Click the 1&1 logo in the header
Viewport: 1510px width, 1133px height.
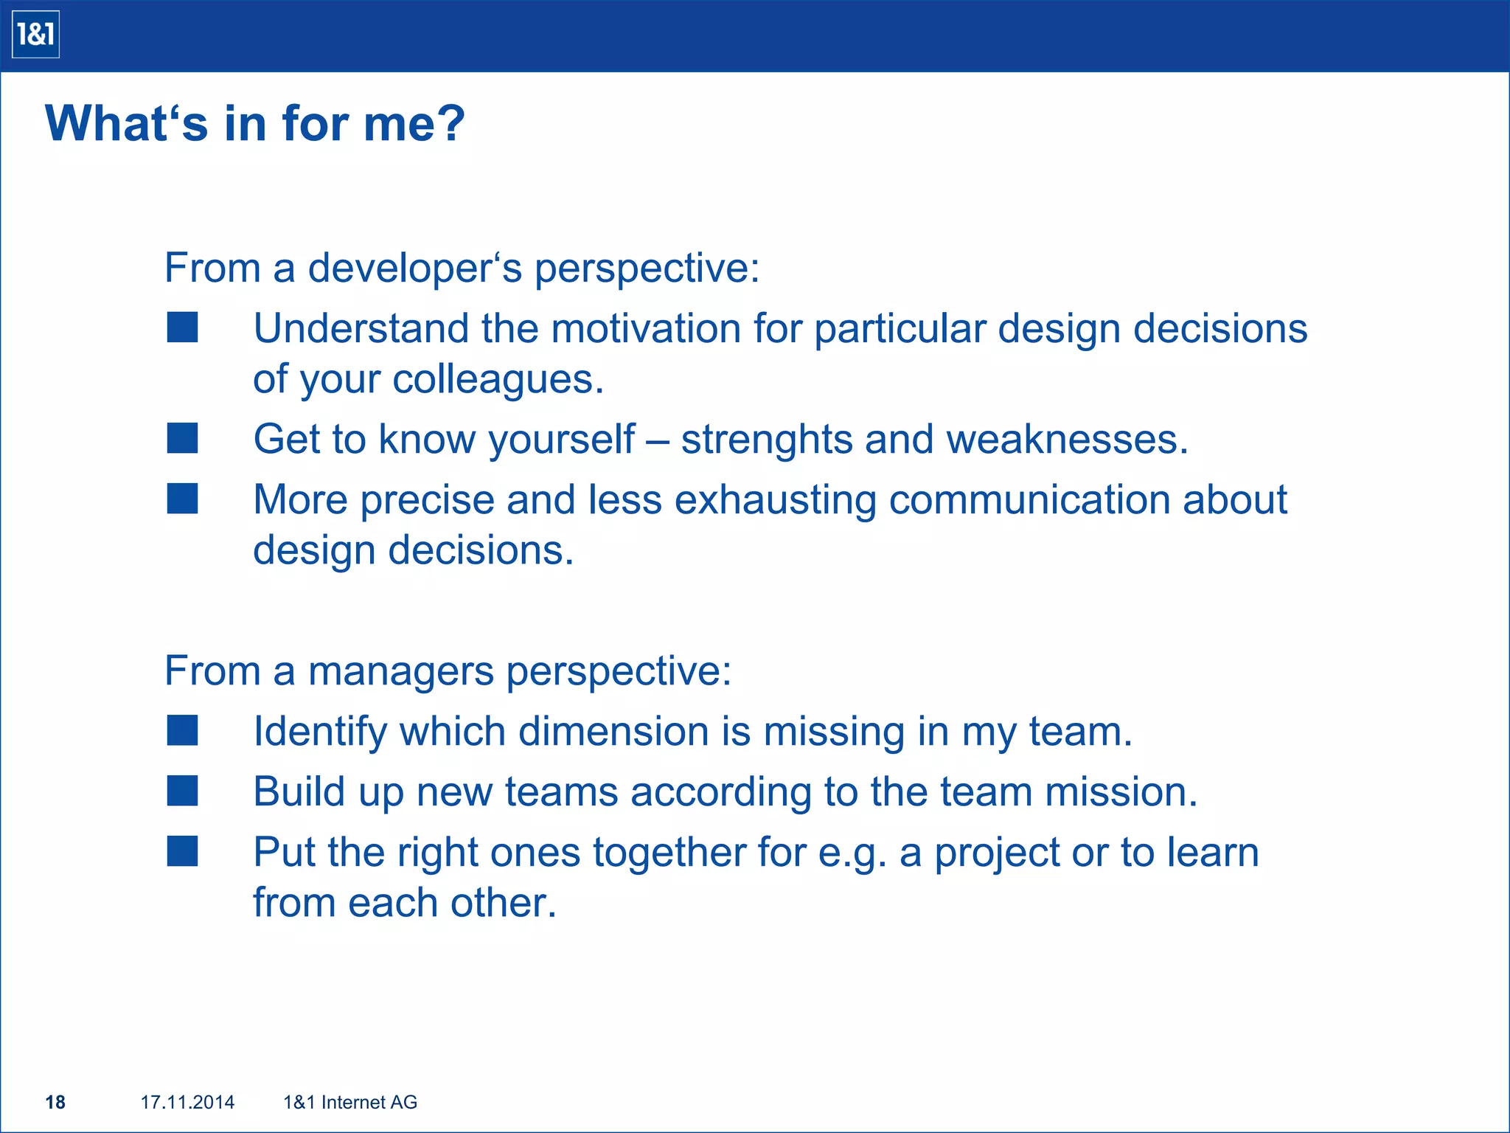click(x=35, y=35)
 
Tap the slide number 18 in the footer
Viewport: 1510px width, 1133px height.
click(x=55, y=1102)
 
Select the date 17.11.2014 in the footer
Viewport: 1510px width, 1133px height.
click(x=187, y=1102)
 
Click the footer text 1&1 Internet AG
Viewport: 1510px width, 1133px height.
click(x=350, y=1102)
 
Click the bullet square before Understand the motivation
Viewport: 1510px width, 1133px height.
click(x=182, y=327)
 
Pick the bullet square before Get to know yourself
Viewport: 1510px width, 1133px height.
click(x=182, y=438)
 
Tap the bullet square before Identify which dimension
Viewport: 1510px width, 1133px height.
click(x=182, y=730)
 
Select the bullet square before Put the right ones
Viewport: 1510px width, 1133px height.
click(x=182, y=850)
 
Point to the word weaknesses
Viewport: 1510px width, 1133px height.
click(x=1066, y=439)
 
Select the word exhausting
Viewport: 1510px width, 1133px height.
click(x=774, y=501)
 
